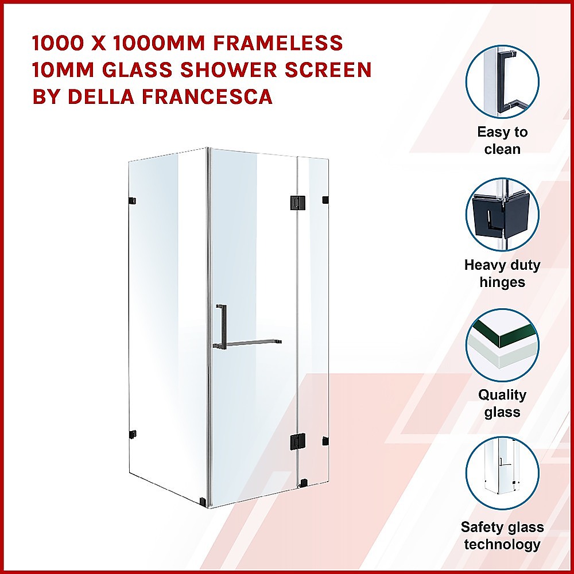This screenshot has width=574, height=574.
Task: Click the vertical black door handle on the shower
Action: (x=220, y=325)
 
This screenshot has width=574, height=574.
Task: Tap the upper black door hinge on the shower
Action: (x=296, y=201)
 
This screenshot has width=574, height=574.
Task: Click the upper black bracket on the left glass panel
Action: (x=133, y=200)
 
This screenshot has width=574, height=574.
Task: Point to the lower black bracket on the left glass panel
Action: (x=133, y=434)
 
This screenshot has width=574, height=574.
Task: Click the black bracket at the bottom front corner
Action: (x=203, y=502)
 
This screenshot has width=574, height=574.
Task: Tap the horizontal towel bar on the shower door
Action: (x=253, y=343)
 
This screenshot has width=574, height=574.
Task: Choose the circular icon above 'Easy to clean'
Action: (x=502, y=82)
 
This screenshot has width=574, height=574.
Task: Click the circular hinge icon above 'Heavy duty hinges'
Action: (x=502, y=215)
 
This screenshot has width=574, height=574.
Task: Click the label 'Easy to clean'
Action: (x=502, y=141)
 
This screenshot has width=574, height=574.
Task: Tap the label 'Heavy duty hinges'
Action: (x=502, y=273)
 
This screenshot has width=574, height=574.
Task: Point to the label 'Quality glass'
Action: (x=502, y=404)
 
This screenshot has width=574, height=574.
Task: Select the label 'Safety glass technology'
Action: (x=502, y=536)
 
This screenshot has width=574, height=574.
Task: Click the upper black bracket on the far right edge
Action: (x=325, y=200)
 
